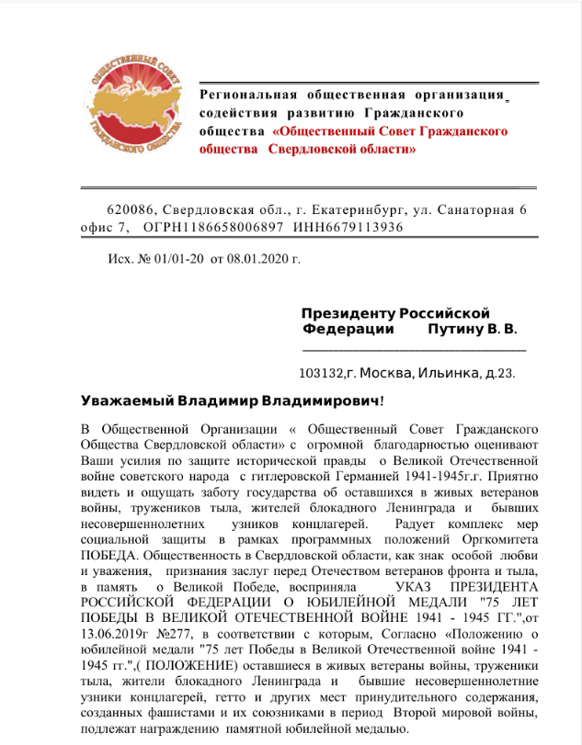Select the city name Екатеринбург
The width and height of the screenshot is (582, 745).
click(355, 210)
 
